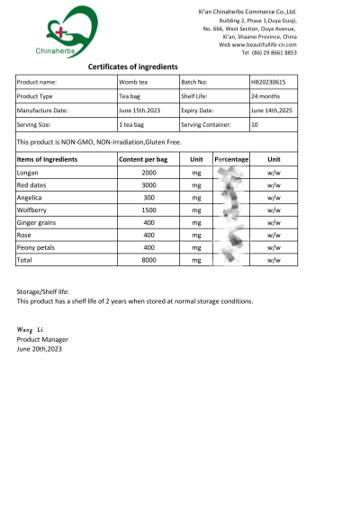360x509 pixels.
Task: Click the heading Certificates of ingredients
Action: [132, 67]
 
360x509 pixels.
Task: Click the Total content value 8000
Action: [148, 260]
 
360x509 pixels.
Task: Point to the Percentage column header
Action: [231, 158]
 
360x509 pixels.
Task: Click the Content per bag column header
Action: [144, 158]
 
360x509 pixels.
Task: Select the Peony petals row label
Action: [37, 247]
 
